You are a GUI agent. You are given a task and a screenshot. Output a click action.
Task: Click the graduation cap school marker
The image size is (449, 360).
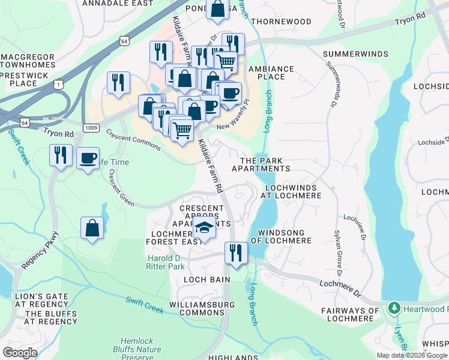[205, 228]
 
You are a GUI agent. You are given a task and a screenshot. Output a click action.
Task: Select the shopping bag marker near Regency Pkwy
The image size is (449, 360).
[92, 228]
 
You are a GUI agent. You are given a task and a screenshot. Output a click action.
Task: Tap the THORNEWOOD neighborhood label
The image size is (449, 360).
[282, 22]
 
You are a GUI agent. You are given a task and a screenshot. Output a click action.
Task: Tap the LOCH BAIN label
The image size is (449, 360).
[207, 280]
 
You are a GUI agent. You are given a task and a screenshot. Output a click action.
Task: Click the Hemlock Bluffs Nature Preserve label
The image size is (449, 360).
[140, 349]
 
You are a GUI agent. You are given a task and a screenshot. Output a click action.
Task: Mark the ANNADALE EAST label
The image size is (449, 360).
[113, 3]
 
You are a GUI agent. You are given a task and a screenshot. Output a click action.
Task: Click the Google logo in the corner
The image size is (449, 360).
[20, 353]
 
